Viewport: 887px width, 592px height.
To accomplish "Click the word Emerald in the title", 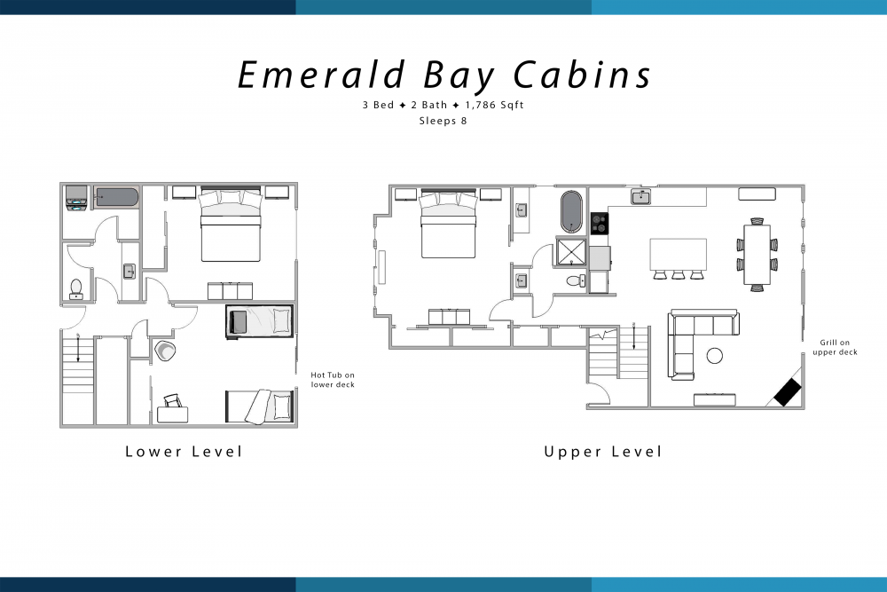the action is pos(322,75).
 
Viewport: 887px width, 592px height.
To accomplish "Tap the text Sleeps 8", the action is pos(443,121).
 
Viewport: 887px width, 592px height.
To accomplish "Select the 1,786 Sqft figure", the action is pos(494,106).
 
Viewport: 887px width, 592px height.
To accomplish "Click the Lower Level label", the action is pos(184,451).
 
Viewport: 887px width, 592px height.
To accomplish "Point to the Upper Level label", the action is pos(602,451).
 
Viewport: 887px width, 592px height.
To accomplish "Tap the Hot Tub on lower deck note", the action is pos(333,380).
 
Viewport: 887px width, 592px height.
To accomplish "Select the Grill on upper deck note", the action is pos(835,348).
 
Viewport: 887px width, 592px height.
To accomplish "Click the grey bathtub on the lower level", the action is pos(116,198).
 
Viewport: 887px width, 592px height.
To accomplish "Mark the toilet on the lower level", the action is pos(76,288).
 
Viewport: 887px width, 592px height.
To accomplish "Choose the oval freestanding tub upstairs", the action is pos(571,211).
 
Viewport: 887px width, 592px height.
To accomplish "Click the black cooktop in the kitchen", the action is pos(600,223).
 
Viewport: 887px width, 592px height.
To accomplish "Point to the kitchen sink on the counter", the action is pos(641,196).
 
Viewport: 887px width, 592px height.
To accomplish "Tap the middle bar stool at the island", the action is pos(679,275).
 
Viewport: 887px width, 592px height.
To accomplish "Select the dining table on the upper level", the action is pos(757,255).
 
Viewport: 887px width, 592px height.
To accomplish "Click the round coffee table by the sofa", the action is pos(714,355).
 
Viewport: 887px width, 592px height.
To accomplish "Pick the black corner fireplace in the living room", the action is pos(788,392).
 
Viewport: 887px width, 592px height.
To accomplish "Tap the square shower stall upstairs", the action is pos(571,252).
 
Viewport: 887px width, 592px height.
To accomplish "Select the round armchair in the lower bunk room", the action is pos(165,351).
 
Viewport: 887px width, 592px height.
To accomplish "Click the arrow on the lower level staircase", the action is pos(78,348).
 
